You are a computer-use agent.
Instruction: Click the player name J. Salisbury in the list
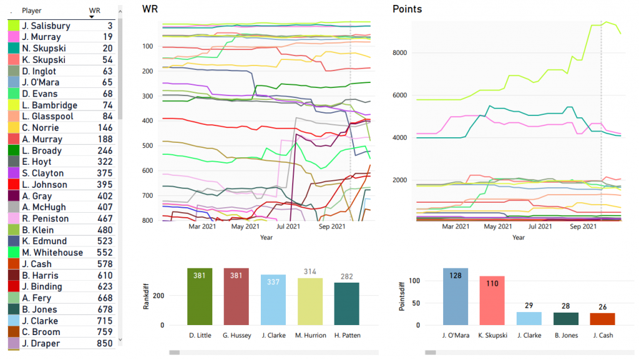click(x=46, y=26)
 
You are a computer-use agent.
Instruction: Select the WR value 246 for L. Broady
click(x=105, y=150)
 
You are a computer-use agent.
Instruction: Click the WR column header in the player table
click(x=94, y=11)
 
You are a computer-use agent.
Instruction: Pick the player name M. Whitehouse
click(x=52, y=253)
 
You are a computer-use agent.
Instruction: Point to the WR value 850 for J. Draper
click(x=105, y=343)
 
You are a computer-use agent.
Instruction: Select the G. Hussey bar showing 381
click(x=237, y=296)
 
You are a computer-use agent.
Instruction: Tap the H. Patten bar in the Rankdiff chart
click(x=346, y=303)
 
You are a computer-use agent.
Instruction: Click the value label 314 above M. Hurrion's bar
click(x=310, y=272)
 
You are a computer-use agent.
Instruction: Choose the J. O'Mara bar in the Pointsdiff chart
click(x=456, y=296)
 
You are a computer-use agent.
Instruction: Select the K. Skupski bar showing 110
click(x=492, y=300)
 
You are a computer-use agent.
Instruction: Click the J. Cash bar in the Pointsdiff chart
click(x=602, y=318)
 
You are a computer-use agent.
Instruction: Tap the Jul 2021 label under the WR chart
click(x=288, y=226)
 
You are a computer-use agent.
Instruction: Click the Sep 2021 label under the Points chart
click(x=583, y=226)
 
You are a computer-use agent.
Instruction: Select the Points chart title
click(x=407, y=9)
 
